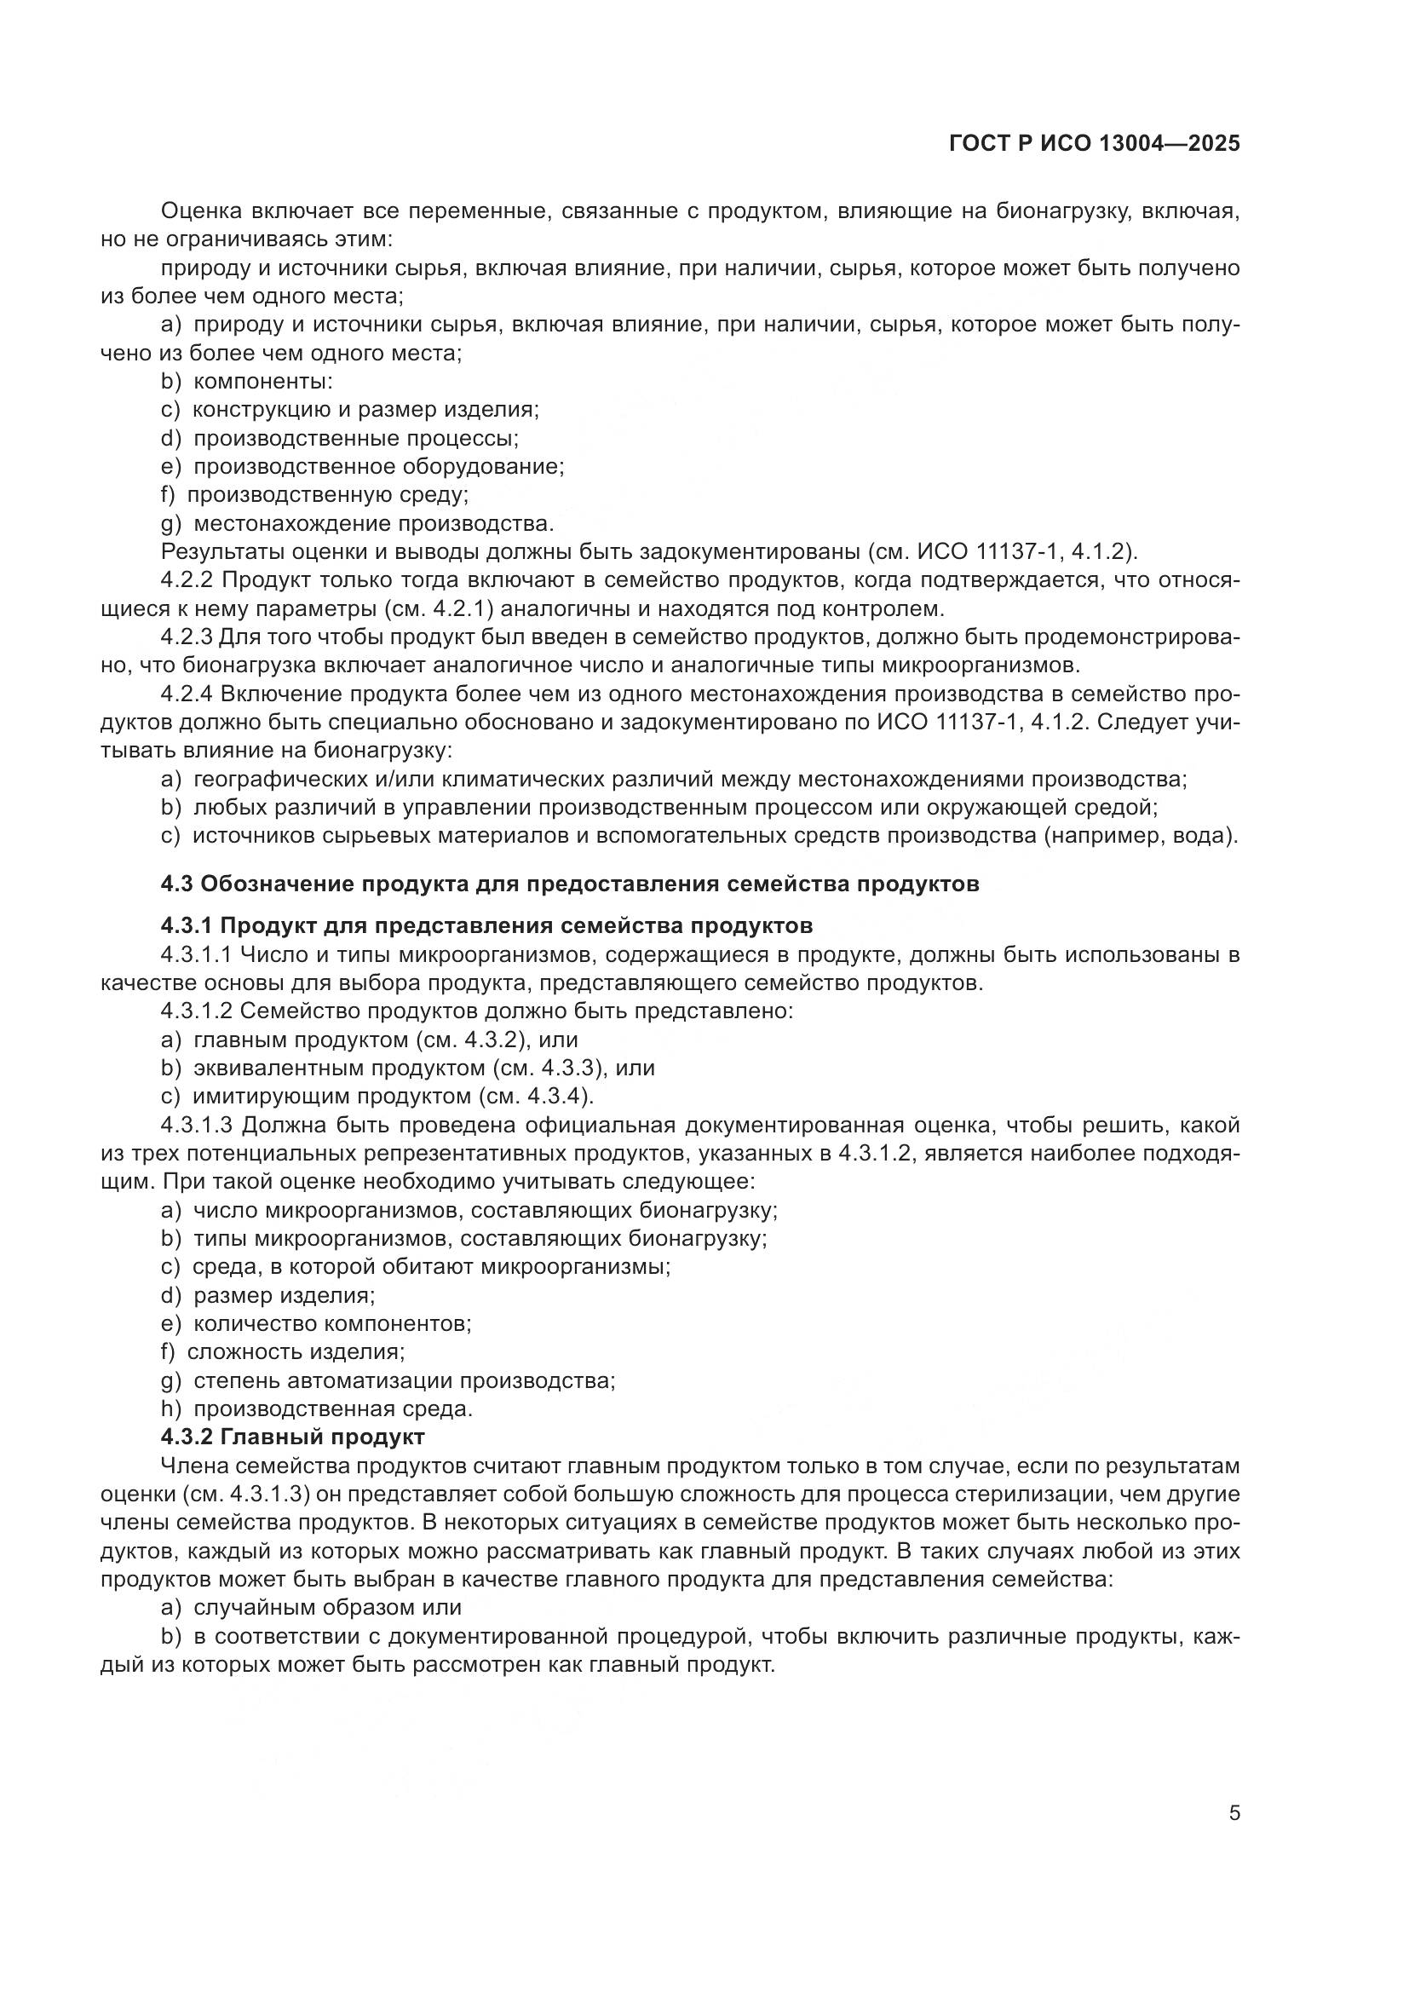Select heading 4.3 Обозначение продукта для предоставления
pos(570,884)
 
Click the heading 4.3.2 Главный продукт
pos(292,1437)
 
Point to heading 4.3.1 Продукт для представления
pos(486,925)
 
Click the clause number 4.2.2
pos(187,581)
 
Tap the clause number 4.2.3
pos(187,637)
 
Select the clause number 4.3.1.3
pos(197,1126)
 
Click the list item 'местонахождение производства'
pos(373,523)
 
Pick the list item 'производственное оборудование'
pos(378,466)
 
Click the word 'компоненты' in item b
pos(262,381)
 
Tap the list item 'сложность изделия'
pos(296,1351)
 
